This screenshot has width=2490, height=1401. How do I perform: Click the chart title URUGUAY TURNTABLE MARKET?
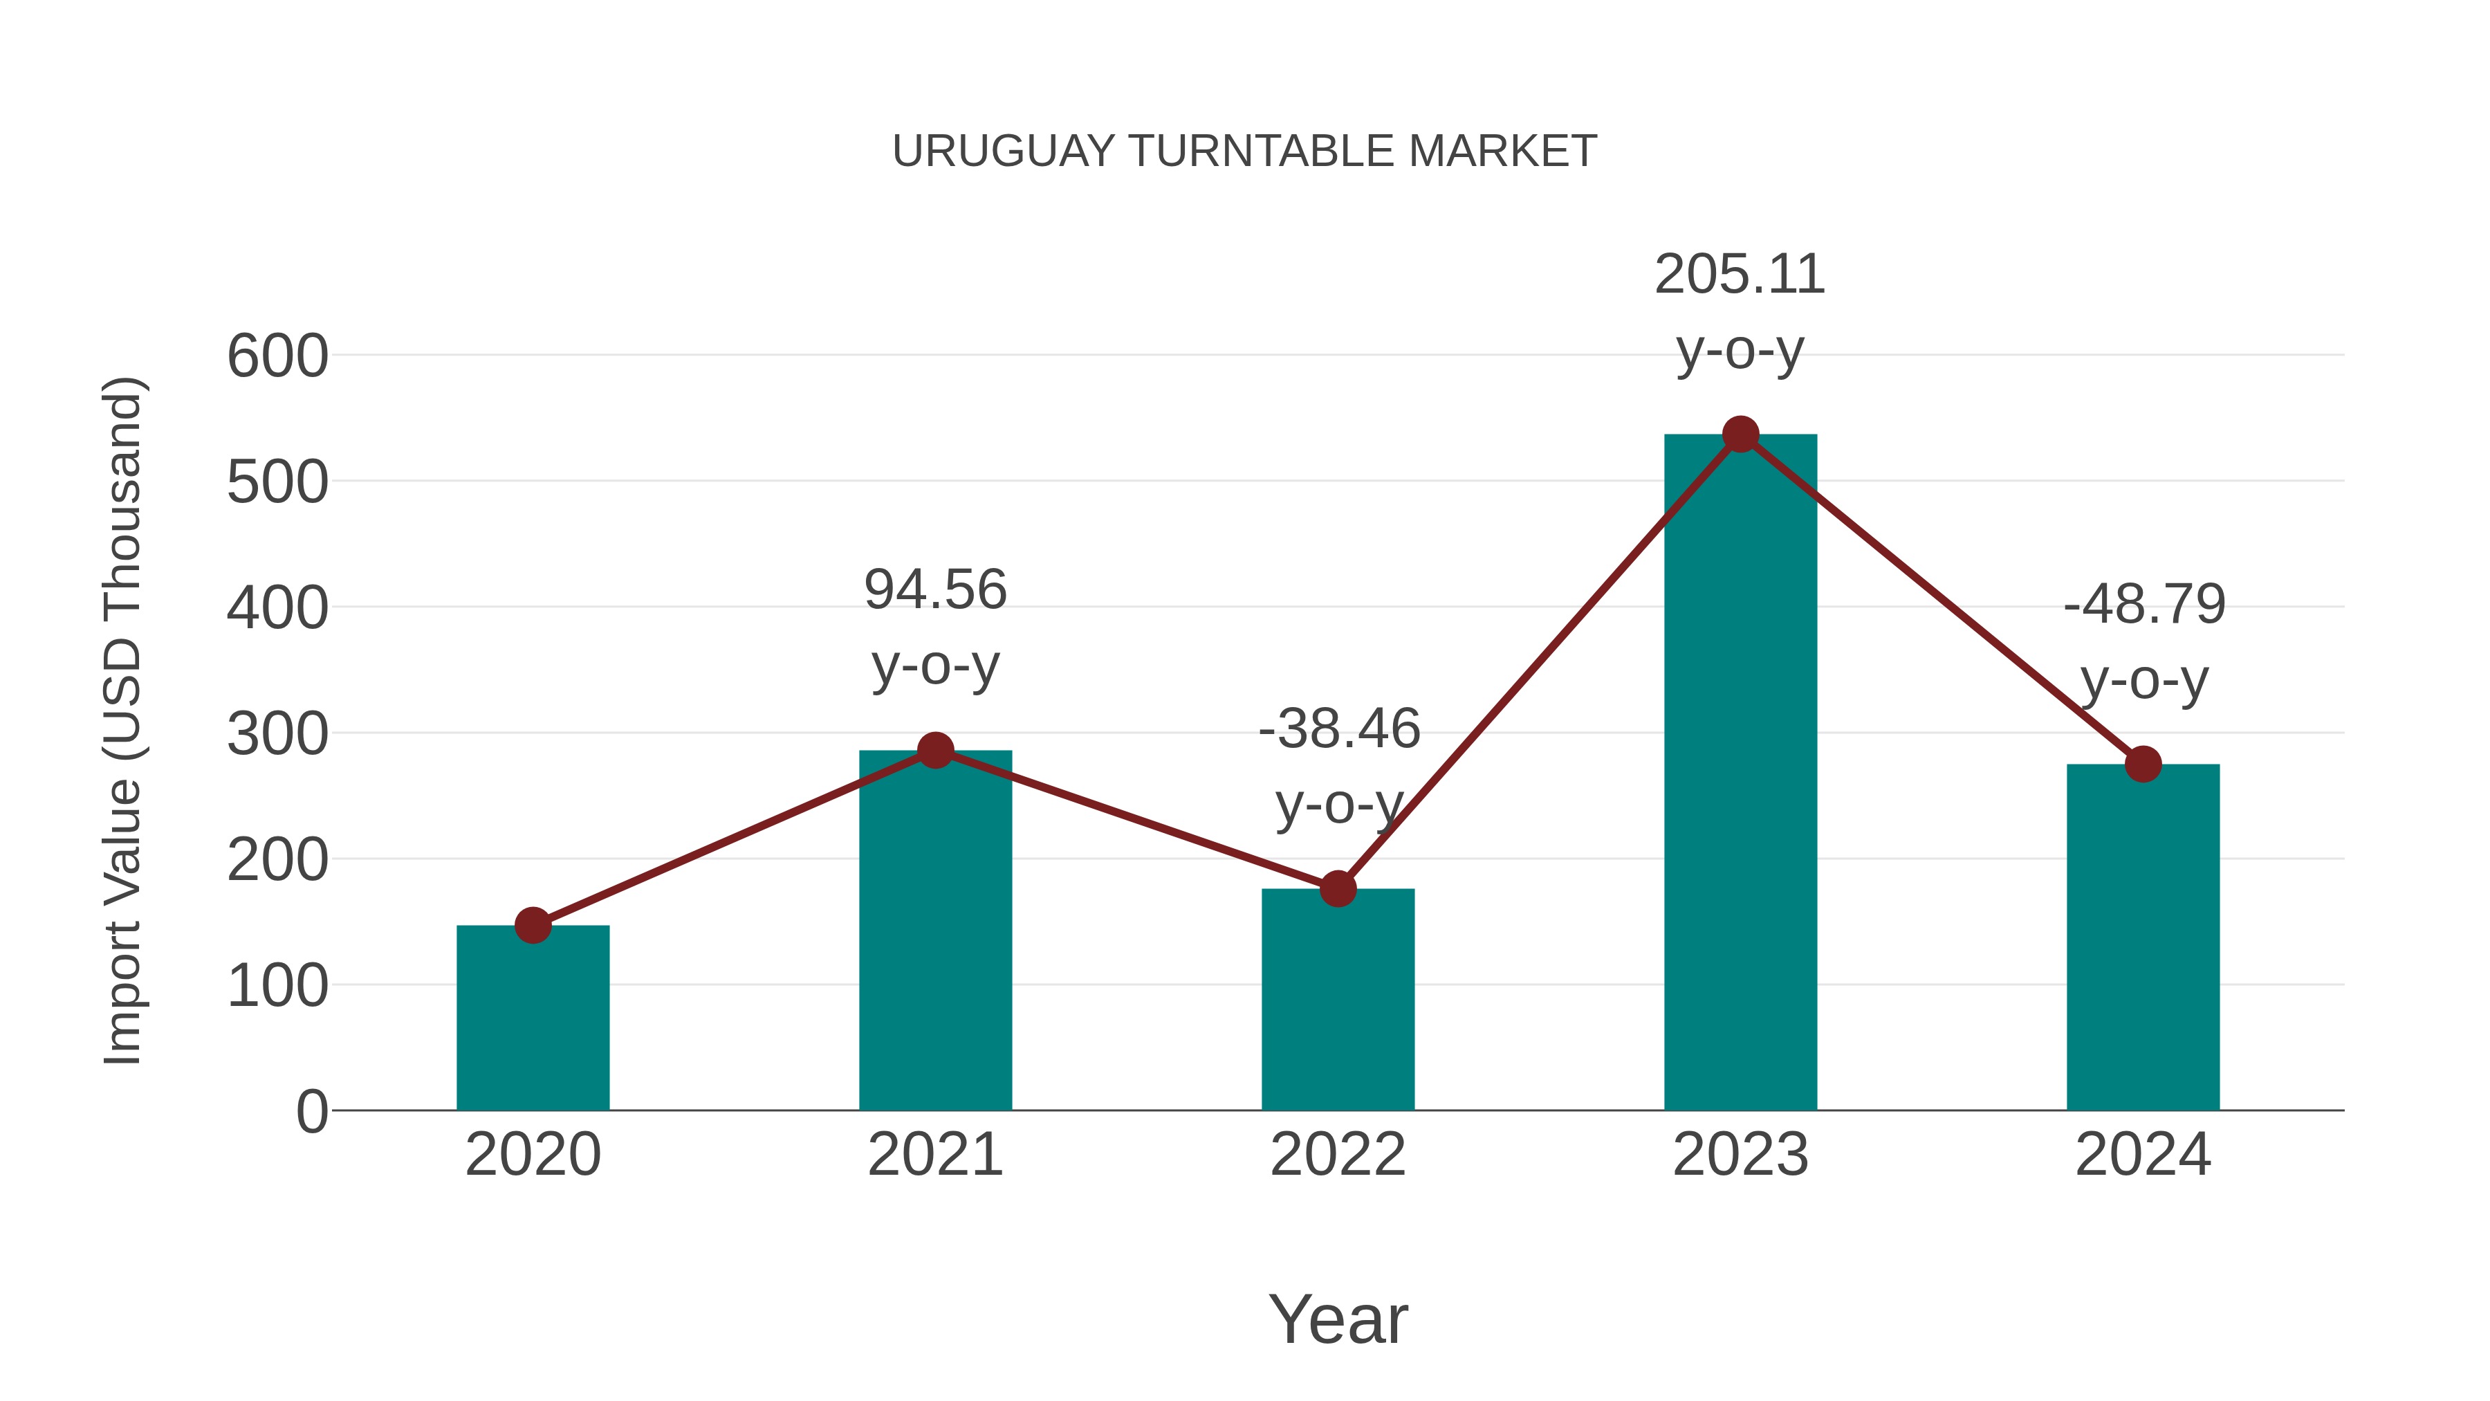1244,152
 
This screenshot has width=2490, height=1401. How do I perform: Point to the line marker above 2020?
533,925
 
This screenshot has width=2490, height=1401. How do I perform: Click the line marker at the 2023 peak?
1740,435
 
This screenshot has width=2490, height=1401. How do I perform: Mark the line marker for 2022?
1337,888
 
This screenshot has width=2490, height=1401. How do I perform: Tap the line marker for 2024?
2142,764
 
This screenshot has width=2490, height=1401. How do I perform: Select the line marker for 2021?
934,750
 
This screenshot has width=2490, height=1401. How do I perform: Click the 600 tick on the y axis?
277,356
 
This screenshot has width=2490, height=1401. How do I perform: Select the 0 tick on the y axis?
311,1111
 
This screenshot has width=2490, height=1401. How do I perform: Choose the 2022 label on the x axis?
1337,1155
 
